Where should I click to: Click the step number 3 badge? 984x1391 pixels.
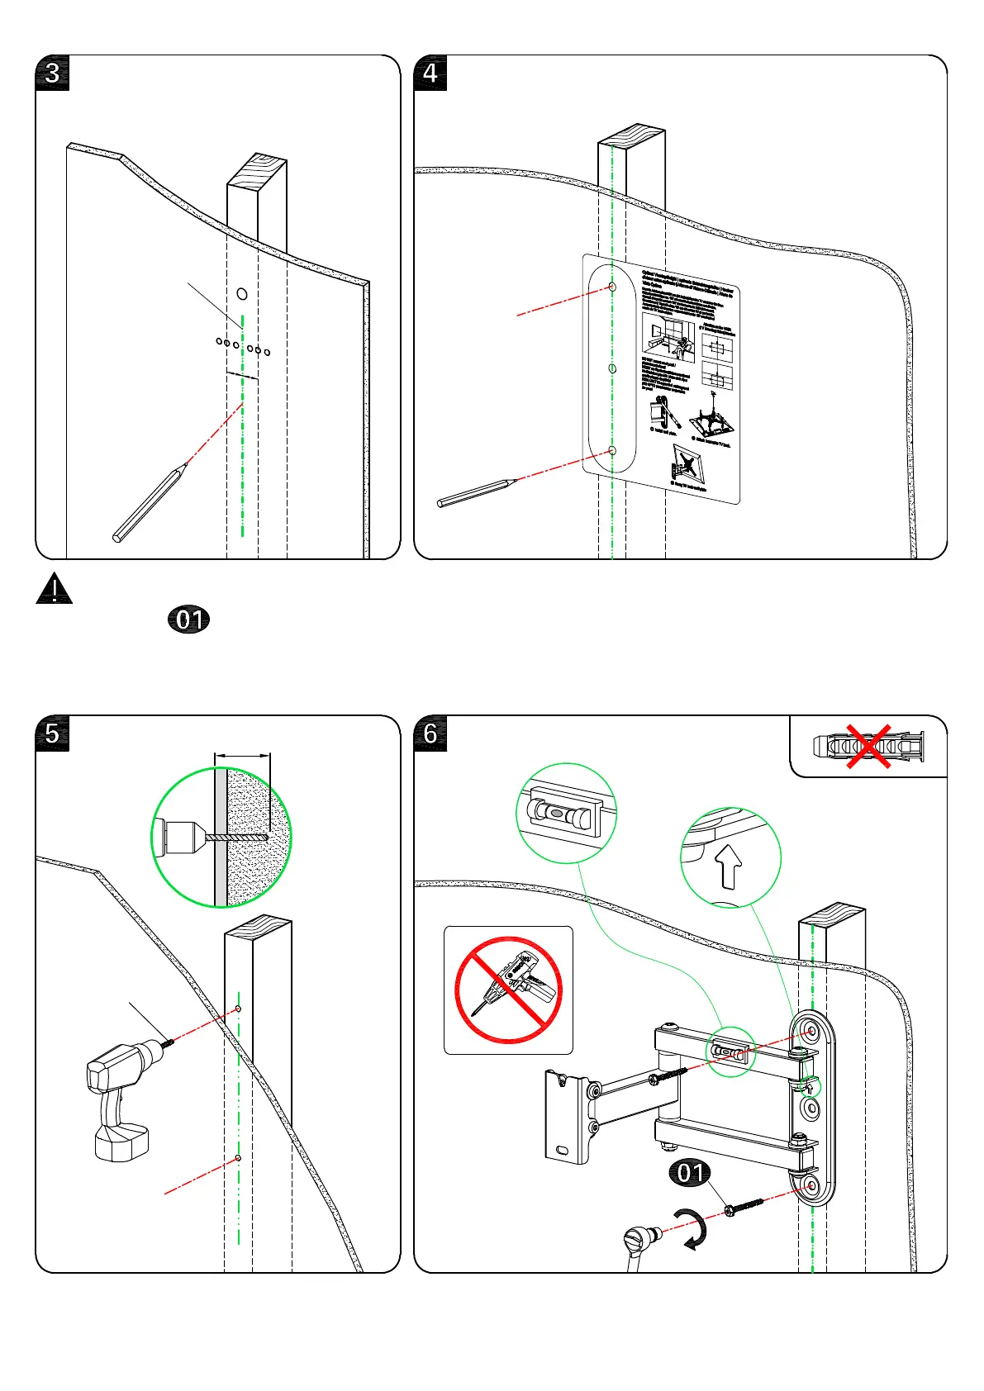(52, 74)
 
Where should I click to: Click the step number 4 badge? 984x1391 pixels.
(430, 74)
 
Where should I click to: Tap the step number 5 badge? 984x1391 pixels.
(52, 733)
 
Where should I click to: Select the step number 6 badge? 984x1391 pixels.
(430, 733)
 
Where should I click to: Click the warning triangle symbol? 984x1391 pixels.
(55, 589)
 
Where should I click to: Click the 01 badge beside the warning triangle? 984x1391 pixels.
(189, 620)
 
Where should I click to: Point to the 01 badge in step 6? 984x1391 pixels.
(691, 1173)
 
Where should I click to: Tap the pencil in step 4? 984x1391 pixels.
(475, 492)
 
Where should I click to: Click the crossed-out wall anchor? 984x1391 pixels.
(868, 747)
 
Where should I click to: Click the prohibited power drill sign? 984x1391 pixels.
(508, 990)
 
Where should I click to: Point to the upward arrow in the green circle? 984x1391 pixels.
(730, 864)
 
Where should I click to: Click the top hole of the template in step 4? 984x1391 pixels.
(612, 287)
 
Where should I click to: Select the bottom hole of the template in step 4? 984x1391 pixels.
(612, 451)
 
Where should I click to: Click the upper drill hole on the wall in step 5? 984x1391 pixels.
(239, 1009)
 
